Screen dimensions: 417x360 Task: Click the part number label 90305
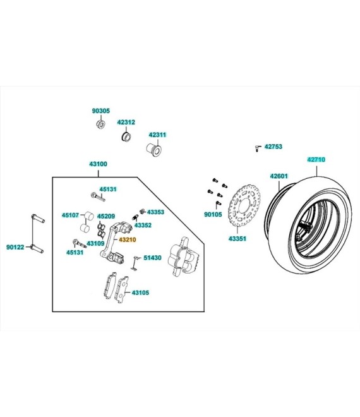100,111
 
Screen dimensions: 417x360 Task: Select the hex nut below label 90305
100,124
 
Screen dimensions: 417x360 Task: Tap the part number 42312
126,122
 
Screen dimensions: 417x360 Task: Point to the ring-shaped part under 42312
126,136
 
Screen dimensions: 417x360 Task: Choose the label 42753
273,147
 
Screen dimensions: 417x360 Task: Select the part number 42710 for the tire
316,160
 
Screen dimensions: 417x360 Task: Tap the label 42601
279,176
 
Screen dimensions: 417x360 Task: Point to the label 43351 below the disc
237,239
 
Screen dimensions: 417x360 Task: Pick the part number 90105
213,215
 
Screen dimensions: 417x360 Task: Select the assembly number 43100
98,164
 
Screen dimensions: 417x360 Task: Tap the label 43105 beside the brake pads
140,293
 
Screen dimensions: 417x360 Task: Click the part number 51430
152,258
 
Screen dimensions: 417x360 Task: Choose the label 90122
15,247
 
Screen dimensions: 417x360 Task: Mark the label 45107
70,215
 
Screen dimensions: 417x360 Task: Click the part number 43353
155,212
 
